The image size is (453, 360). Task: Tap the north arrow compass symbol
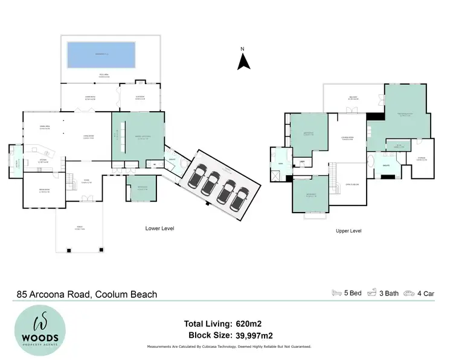coord(242,60)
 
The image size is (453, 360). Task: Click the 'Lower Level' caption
coord(160,228)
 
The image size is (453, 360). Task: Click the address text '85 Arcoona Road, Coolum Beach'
coord(87,295)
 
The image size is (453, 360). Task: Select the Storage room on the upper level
coord(422,158)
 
